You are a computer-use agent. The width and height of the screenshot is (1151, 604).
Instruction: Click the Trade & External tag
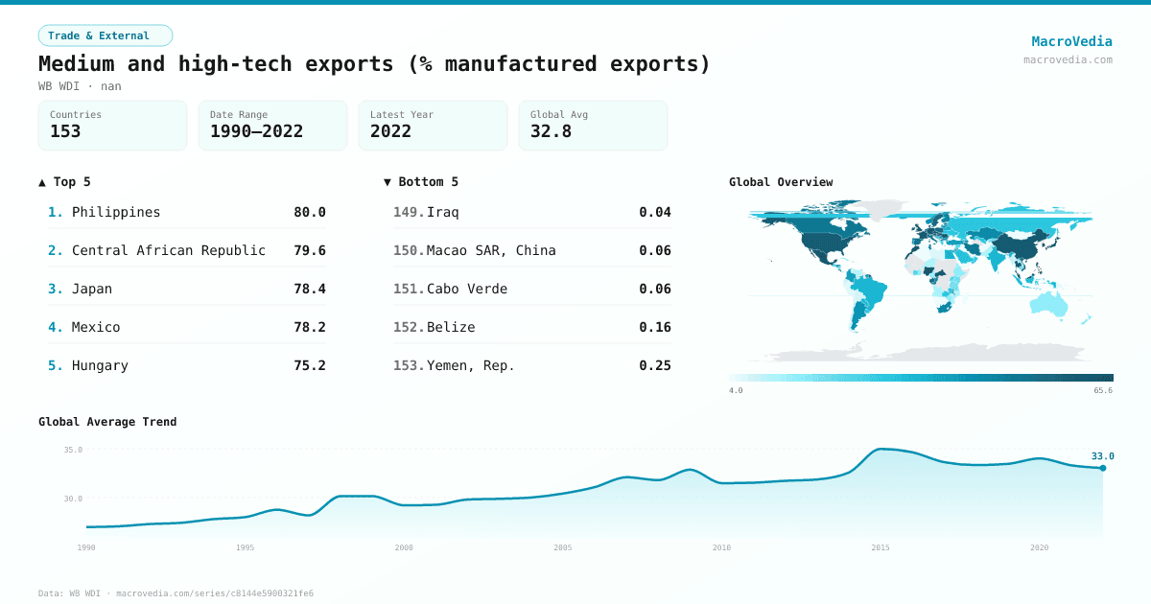[x=106, y=35]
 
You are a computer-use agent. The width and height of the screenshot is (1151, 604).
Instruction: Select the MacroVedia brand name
[x=1071, y=41]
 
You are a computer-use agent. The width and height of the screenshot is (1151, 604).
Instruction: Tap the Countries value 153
[x=65, y=131]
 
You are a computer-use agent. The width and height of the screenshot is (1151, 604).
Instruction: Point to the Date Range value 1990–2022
[x=256, y=131]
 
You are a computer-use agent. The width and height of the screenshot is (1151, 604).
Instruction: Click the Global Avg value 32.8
[x=551, y=131]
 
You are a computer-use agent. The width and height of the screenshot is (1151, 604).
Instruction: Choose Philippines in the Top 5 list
[x=116, y=212]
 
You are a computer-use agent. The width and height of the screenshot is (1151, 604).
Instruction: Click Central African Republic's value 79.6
[x=310, y=250]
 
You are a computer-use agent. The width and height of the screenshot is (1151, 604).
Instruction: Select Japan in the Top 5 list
[x=92, y=289]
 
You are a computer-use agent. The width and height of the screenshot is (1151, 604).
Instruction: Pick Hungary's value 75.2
[x=310, y=365]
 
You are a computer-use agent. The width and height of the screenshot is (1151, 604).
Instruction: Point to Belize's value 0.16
[x=655, y=327]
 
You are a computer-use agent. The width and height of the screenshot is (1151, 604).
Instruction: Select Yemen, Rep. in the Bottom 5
[x=470, y=365]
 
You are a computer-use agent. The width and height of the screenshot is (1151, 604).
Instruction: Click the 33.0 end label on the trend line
[x=1102, y=456]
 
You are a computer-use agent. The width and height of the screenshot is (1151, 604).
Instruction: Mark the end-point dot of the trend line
[x=1103, y=468]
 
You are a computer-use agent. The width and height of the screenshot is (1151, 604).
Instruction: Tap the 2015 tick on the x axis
[x=880, y=547]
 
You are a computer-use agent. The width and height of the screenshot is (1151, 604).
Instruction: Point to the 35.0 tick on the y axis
[x=73, y=450]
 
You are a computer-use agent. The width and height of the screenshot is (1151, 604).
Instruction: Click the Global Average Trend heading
[x=107, y=422]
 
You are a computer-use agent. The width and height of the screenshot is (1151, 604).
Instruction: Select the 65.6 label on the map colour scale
[x=1102, y=390]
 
